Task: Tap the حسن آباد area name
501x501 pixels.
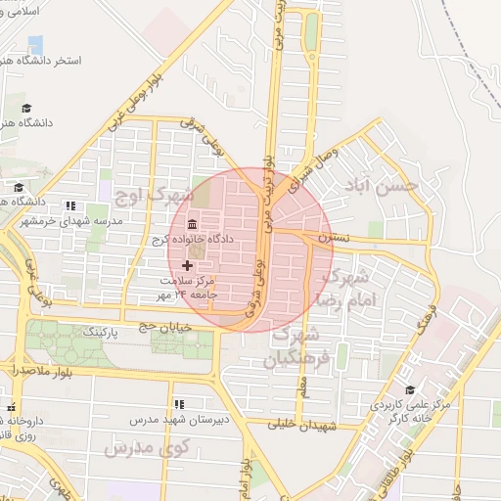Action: pos(387,184)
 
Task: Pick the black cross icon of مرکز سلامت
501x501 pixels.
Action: pos(187,265)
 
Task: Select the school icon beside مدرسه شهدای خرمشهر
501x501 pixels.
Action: pos(69,205)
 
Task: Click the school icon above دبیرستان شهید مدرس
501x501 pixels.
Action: pos(179,403)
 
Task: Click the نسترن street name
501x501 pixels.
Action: pos(333,239)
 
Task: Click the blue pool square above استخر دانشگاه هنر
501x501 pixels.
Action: pos(36,44)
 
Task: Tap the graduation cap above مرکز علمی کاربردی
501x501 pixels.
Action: pos(409,388)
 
